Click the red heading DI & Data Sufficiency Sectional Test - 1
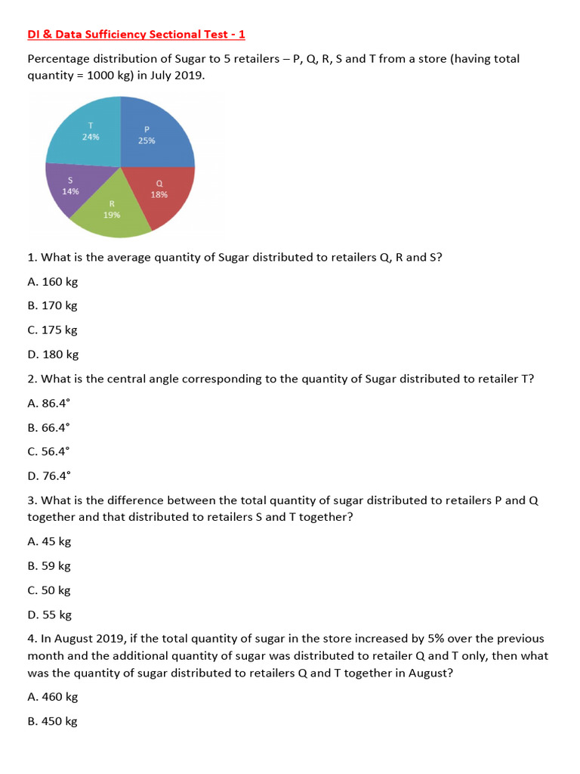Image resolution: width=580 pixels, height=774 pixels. (136, 35)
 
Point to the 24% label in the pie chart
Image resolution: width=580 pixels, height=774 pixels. (91, 137)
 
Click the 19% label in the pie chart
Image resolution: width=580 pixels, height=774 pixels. (112, 215)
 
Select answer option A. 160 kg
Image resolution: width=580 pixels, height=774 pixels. (52, 281)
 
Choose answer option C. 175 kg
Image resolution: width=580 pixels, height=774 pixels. (52, 330)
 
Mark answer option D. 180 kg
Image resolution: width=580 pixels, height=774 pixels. (53, 354)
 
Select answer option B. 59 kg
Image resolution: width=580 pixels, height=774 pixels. (49, 565)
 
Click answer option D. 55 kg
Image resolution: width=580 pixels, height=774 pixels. (49, 615)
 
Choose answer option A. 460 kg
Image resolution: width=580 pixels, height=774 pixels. (52, 697)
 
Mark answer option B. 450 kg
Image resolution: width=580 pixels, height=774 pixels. (52, 721)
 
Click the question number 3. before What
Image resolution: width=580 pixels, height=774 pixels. (32, 500)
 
